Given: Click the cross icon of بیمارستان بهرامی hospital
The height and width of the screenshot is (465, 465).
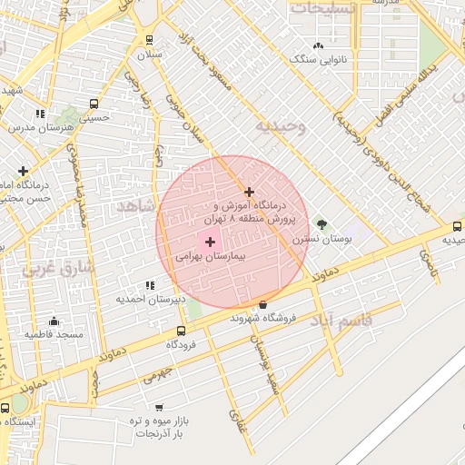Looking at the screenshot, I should [x=211, y=242].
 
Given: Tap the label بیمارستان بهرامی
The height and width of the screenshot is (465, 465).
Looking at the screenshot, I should [x=211, y=258].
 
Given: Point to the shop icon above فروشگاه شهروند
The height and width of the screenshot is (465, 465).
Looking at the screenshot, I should [x=263, y=304].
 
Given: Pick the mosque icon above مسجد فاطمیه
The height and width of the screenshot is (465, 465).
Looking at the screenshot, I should [x=54, y=321].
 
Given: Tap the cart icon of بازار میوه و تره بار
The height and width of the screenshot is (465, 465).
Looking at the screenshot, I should [x=159, y=408].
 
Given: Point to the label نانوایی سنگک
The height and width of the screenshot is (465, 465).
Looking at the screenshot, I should [x=318, y=59].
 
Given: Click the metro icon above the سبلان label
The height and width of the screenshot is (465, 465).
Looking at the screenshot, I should [x=149, y=40].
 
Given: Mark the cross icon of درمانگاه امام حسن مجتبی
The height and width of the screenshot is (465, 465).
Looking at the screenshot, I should [x=23, y=171].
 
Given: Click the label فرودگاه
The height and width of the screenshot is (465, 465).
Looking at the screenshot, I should [x=182, y=345].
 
